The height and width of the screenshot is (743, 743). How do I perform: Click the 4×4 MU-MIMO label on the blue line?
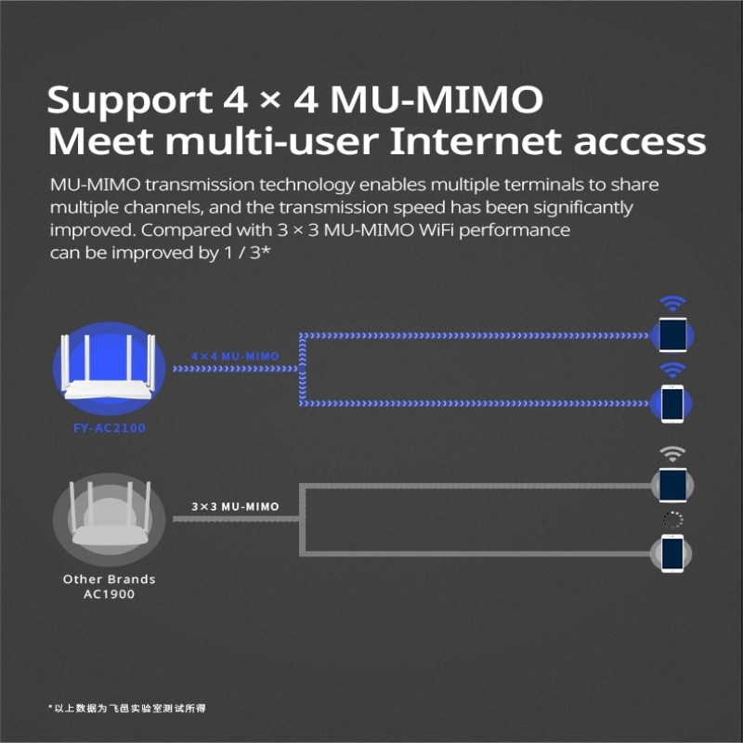[235, 356]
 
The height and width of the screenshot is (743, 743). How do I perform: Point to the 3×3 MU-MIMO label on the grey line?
[235, 507]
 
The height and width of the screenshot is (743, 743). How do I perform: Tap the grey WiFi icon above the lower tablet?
[672, 453]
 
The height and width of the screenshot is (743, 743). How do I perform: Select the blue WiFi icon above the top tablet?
[672, 303]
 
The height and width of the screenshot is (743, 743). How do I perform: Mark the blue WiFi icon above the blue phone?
[672, 370]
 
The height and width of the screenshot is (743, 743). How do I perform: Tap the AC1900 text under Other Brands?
[109, 593]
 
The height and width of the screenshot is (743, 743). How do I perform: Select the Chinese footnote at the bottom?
[127, 708]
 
